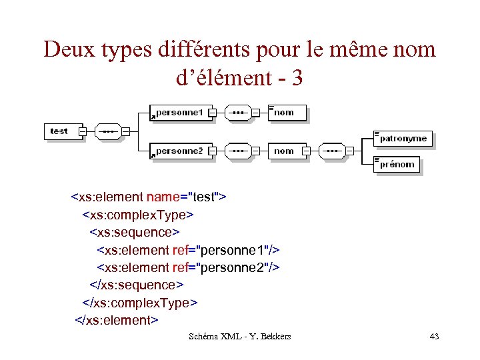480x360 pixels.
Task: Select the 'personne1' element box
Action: click(179, 113)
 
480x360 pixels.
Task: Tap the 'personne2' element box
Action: click(179, 151)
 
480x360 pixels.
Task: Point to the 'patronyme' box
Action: click(403, 139)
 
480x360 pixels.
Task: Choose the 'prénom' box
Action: click(397, 164)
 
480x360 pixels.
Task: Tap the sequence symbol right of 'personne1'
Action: click(237, 113)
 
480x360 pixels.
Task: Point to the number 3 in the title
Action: click(297, 78)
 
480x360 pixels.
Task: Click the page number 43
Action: click(434, 336)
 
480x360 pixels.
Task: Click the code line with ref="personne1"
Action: click(189, 250)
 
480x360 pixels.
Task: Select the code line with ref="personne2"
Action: click(189, 267)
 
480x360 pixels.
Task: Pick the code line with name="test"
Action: click(149, 197)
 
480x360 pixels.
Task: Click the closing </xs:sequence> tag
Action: click(136, 285)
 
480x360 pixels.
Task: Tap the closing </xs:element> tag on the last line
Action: click(116, 320)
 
